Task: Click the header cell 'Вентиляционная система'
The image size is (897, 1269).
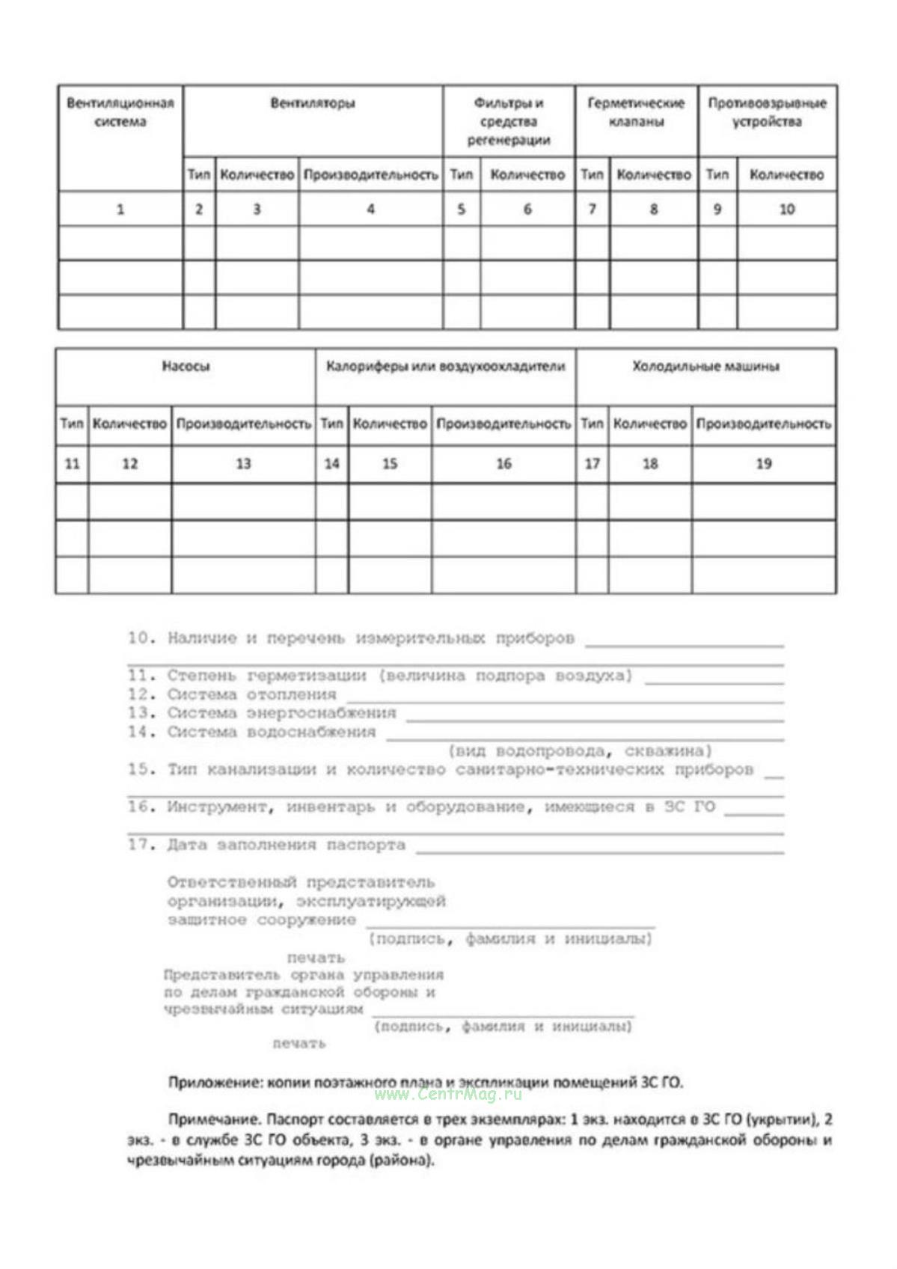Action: (x=120, y=112)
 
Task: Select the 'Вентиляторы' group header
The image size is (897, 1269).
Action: (x=313, y=103)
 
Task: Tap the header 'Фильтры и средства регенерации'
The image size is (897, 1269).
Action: (x=509, y=121)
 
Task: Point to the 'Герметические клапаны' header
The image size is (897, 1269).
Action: (x=636, y=112)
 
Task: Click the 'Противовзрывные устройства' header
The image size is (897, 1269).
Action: (x=767, y=112)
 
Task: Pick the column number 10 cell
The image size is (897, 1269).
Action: (x=786, y=210)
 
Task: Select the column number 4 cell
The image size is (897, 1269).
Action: (x=370, y=210)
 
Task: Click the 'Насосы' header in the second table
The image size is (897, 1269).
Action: (x=186, y=367)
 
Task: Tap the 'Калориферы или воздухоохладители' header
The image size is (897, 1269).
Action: (x=446, y=367)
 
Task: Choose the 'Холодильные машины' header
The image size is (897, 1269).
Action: (x=705, y=367)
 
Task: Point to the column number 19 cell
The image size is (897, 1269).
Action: (x=763, y=464)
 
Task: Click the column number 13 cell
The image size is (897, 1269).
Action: (x=243, y=464)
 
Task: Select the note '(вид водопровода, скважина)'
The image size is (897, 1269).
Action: (x=580, y=750)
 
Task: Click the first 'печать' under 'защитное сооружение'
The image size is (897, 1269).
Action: (x=316, y=958)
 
